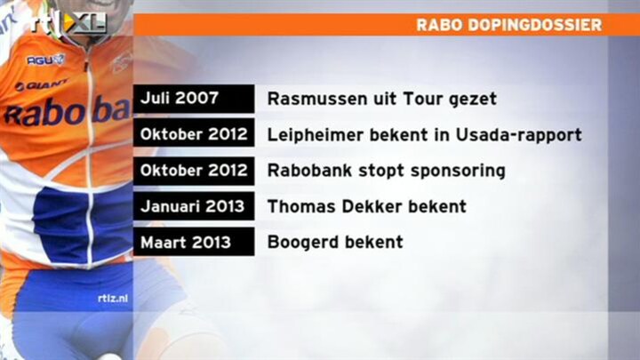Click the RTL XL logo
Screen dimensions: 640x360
(x=68, y=23)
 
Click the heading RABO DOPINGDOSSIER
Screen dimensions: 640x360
(x=509, y=25)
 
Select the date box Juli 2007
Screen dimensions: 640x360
(x=194, y=99)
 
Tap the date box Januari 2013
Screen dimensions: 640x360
(x=194, y=206)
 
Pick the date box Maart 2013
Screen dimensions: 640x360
(x=194, y=242)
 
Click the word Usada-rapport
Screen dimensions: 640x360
(x=518, y=135)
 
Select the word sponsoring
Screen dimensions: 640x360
(x=458, y=171)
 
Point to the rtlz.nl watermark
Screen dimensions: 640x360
(x=113, y=299)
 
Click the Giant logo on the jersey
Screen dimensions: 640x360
(x=41, y=85)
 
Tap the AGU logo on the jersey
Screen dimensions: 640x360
(x=45, y=60)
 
